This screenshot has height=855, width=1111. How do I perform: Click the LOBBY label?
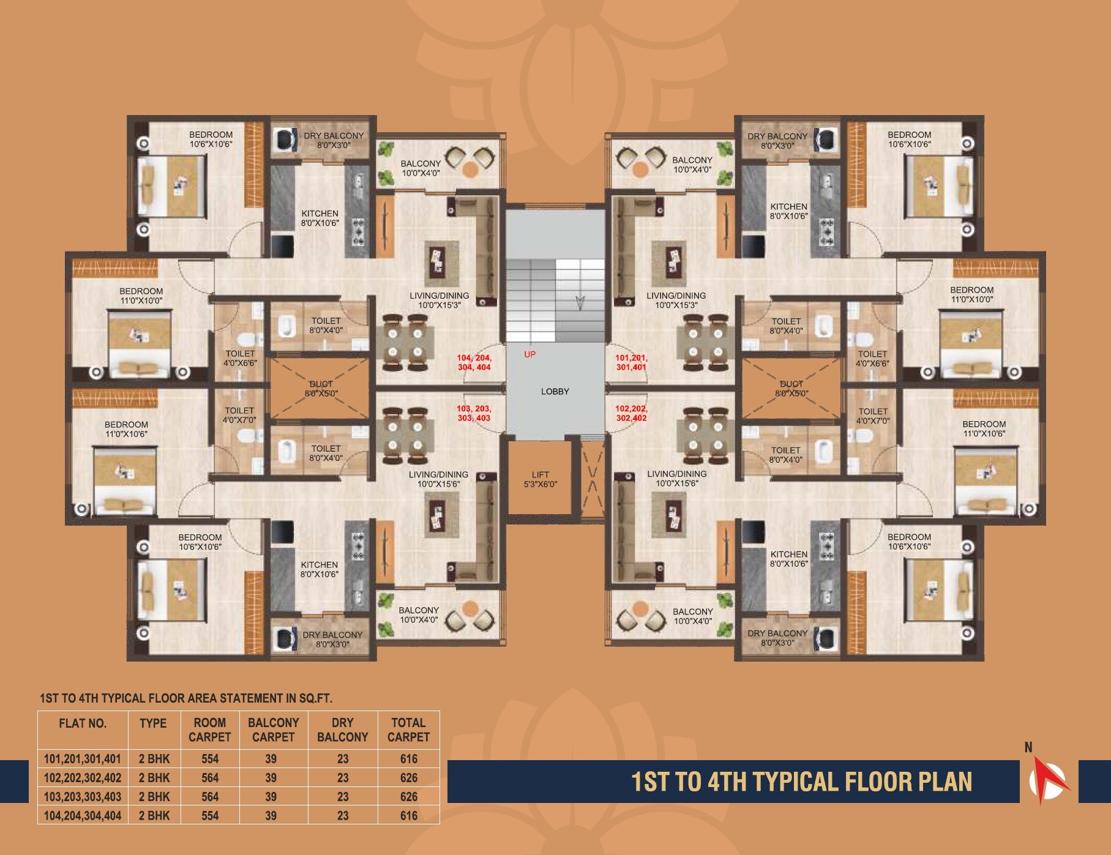click(x=555, y=392)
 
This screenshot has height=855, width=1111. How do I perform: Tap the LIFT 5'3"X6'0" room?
click(x=540, y=479)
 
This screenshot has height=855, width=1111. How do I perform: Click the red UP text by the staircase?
click(x=529, y=354)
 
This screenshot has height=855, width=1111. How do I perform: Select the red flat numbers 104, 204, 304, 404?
click(x=474, y=362)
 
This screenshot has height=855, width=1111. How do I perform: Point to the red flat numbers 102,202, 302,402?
click(x=631, y=413)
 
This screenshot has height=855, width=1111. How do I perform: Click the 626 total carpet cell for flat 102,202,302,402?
click(x=408, y=778)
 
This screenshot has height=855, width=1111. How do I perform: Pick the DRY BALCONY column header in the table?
click(x=342, y=730)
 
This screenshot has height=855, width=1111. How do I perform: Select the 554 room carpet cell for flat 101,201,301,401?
click(x=210, y=759)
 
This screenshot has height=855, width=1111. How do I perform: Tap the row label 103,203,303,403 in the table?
click(x=83, y=797)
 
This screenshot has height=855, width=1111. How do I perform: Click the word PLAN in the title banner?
click(x=945, y=782)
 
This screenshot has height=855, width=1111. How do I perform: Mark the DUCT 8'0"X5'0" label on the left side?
click(x=321, y=389)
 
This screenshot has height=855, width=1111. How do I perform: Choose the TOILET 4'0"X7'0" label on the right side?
click(x=872, y=416)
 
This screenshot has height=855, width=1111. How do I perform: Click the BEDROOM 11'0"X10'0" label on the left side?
click(x=141, y=296)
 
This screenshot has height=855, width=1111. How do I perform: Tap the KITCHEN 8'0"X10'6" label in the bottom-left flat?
click(x=319, y=569)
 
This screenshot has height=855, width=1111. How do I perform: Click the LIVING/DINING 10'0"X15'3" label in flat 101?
click(x=676, y=300)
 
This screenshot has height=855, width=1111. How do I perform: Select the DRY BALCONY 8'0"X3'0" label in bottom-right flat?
click(x=777, y=638)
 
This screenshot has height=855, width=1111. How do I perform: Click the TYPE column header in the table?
click(x=153, y=723)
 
